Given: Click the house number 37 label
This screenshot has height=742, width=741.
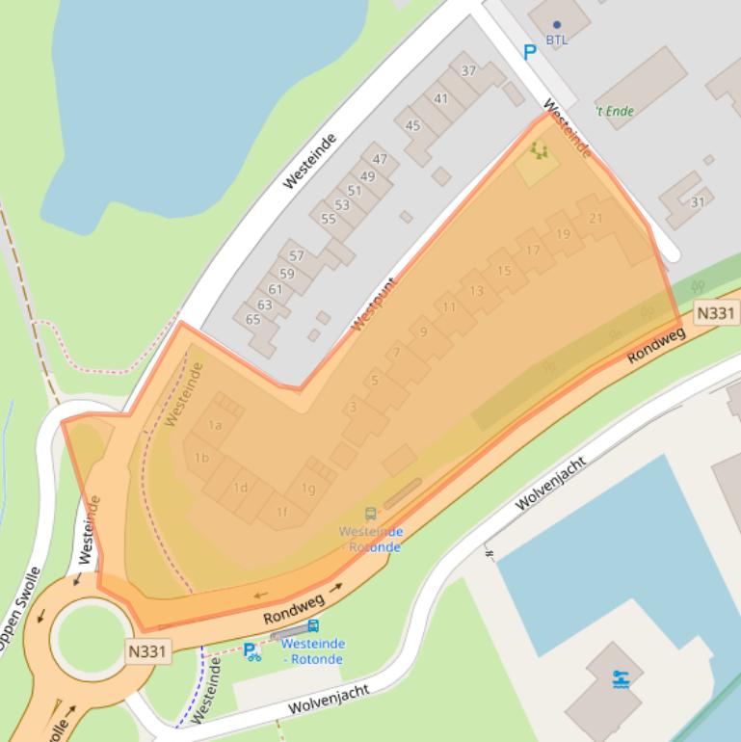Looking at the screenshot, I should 468,71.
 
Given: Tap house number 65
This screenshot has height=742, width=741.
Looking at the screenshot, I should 252,320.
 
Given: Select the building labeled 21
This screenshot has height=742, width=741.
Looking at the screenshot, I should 595,219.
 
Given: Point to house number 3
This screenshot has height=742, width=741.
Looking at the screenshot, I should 354,408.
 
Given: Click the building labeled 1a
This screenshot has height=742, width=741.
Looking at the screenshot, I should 216,425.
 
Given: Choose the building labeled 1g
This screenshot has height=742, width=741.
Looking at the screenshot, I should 307,489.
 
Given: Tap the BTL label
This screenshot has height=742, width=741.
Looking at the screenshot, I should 557,40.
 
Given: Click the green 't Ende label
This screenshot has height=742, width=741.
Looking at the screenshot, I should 615,111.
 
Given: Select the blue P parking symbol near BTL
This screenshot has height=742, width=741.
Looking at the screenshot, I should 528,53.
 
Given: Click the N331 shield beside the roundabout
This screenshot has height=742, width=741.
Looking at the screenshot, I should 147,652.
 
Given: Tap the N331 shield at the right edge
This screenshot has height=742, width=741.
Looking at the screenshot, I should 715,313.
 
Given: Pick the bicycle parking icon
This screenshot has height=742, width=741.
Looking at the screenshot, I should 251,652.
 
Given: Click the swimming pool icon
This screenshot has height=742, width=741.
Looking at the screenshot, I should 621,679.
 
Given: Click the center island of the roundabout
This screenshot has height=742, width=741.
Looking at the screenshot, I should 93,639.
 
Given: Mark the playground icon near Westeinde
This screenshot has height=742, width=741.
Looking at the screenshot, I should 539,150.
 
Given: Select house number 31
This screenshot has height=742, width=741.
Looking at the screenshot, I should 697,201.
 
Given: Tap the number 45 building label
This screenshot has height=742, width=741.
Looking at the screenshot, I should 412,126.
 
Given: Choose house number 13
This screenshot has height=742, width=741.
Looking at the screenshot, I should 476,291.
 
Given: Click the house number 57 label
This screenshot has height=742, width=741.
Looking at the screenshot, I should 296,256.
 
